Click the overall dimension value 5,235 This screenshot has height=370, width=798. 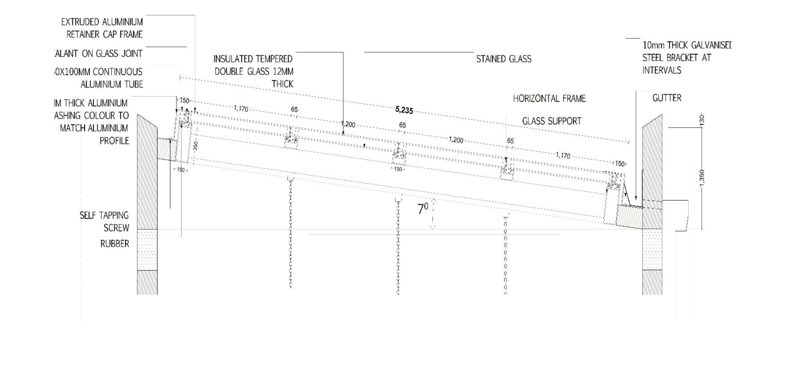tap(404, 110)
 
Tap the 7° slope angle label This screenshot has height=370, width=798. tap(423, 209)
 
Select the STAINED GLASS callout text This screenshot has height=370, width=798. tap(503, 59)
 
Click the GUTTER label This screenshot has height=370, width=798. tap(667, 98)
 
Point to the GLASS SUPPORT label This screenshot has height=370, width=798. tap(551, 121)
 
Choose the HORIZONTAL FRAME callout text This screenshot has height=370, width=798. tap(549, 99)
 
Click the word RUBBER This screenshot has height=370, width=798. tap(114, 244)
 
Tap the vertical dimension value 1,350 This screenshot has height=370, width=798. tap(702, 179)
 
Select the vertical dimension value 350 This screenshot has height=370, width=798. tap(196, 146)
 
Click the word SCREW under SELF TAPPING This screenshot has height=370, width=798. tap(116, 228)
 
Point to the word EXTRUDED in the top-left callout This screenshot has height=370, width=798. tap(80, 22)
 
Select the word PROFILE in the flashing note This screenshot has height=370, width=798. tap(114, 141)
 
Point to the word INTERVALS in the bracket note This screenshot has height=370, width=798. tap(661, 71)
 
